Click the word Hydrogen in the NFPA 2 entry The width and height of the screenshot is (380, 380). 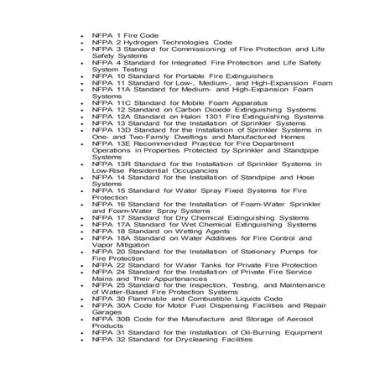(x=138, y=40)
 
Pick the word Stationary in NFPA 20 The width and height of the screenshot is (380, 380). (x=249, y=252)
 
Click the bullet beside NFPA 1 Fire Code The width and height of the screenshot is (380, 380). (x=76, y=34)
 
